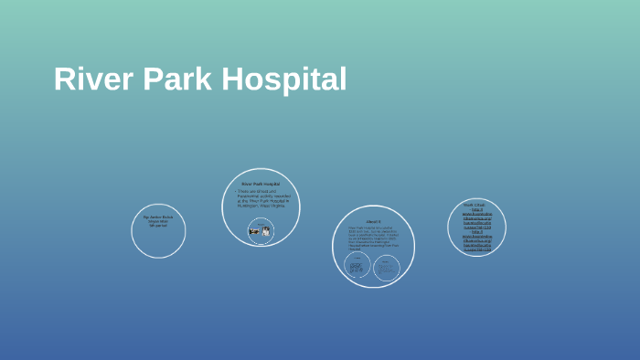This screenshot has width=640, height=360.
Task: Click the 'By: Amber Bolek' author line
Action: [x=158, y=217]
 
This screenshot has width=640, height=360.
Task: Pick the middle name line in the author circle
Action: [x=158, y=221]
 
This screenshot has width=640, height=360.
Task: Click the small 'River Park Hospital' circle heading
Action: [x=261, y=184]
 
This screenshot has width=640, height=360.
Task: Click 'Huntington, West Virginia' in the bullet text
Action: [x=261, y=206]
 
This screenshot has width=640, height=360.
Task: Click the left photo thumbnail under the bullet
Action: [x=254, y=231]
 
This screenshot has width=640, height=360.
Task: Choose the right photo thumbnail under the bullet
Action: [x=266, y=231]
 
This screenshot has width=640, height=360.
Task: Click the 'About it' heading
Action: [x=373, y=221]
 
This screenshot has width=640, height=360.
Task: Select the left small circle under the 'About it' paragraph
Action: [x=357, y=266]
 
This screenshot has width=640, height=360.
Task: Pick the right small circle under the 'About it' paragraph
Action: [x=386, y=266]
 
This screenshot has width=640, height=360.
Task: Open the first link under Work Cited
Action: [x=476, y=218]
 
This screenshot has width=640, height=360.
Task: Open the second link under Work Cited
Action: [x=476, y=240]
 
